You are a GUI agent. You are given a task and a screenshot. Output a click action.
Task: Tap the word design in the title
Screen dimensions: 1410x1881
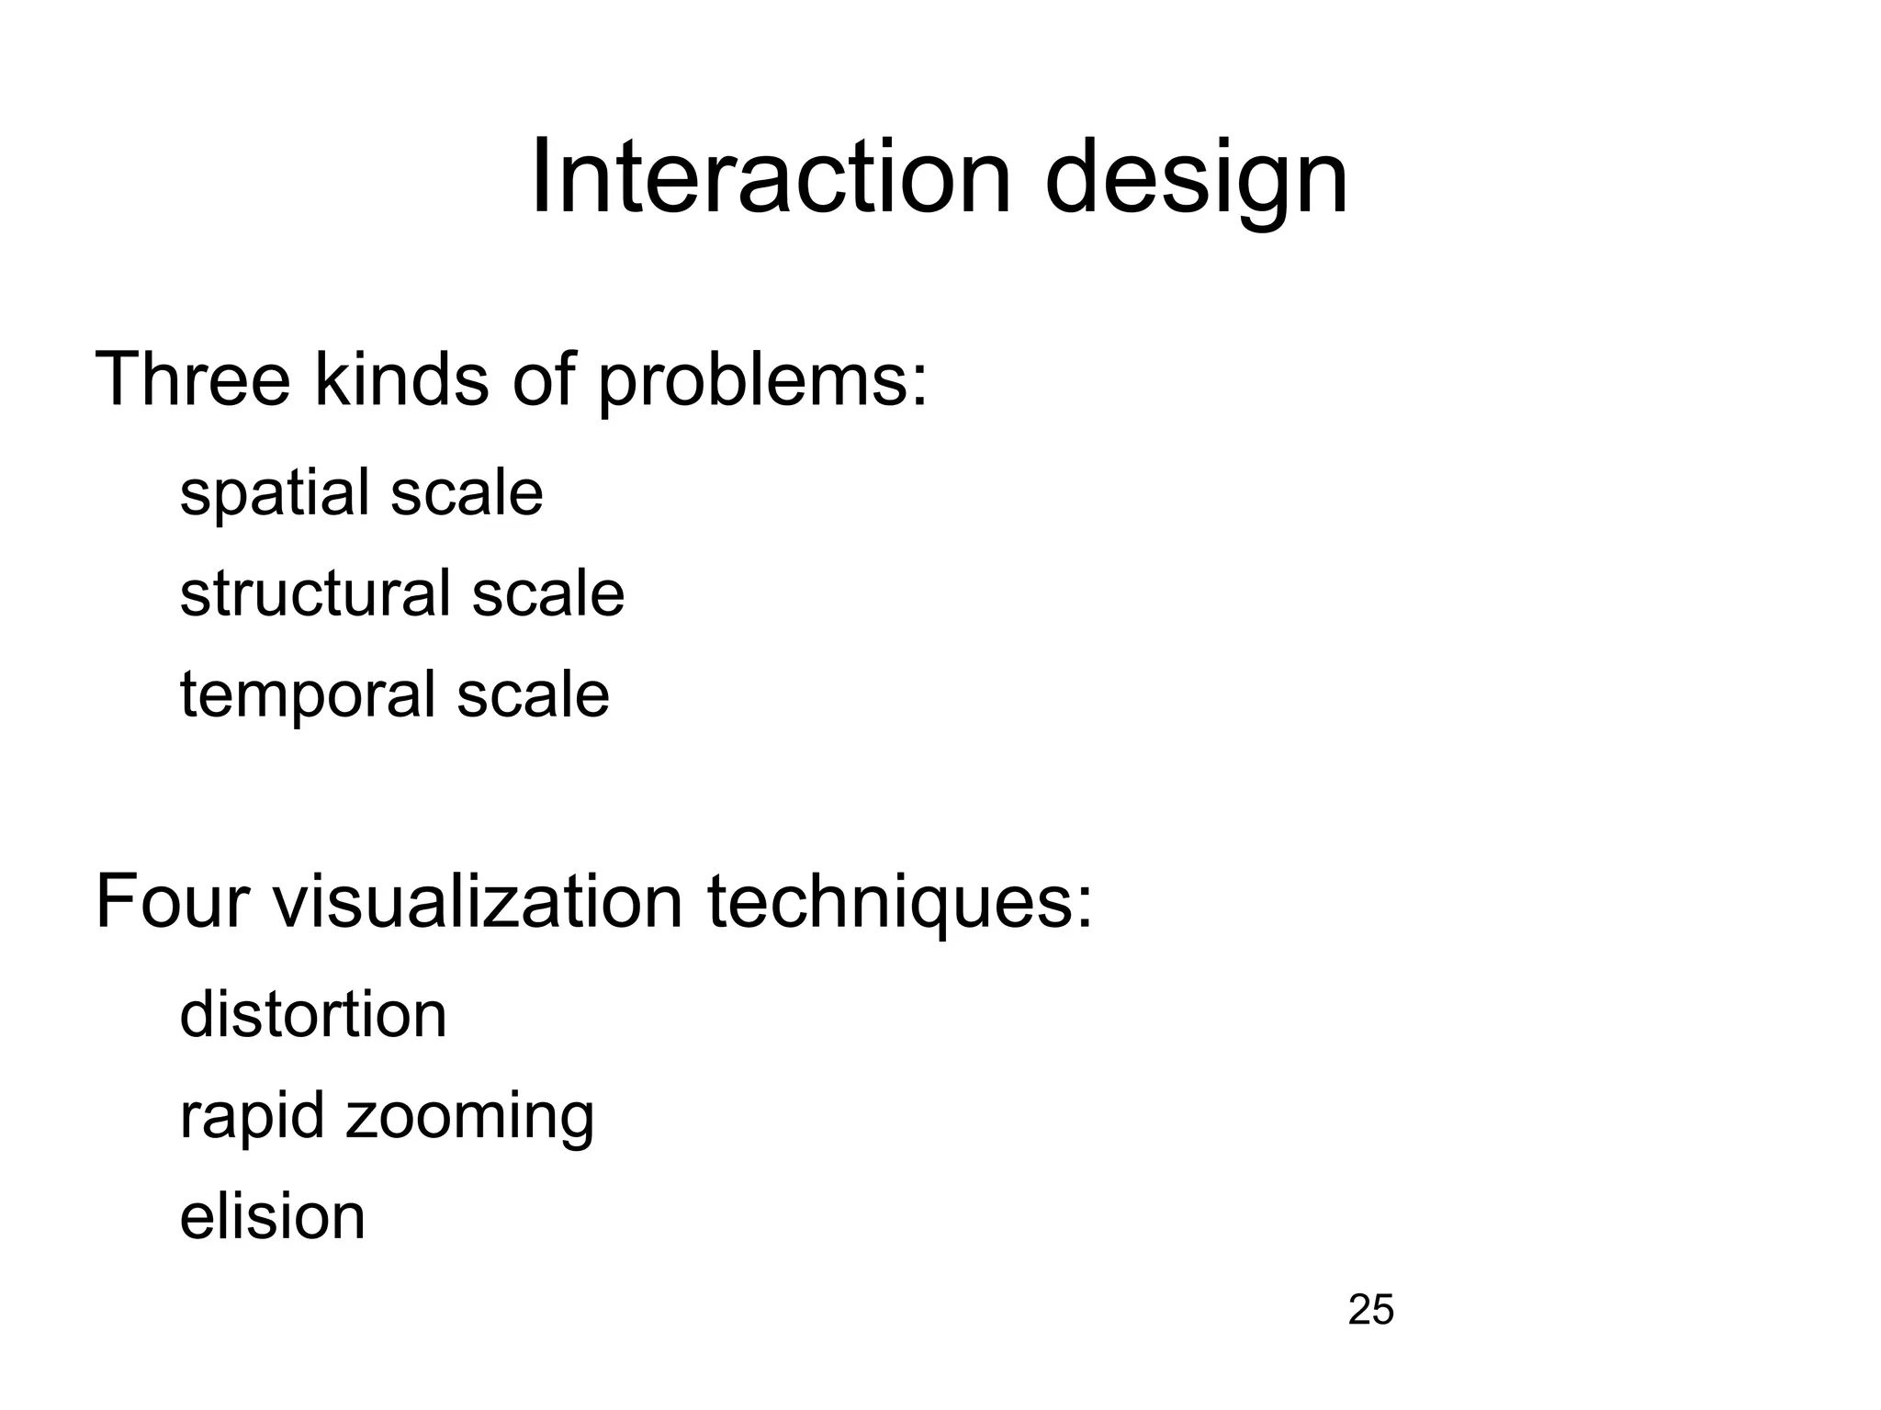click(x=1196, y=182)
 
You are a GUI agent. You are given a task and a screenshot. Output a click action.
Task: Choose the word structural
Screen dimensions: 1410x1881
click(x=314, y=593)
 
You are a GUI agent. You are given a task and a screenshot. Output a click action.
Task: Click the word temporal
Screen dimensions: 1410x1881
click(x=307, y=696)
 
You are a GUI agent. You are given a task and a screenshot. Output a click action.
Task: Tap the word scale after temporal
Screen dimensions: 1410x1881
click(x=533, y=694)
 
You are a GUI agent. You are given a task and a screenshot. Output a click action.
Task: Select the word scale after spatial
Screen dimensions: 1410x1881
click(x=467, y=494)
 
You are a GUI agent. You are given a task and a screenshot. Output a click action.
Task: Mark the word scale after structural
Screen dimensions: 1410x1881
click(x=548, y=593)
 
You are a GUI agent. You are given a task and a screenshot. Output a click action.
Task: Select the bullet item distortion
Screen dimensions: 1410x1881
click(x=313, y=1015)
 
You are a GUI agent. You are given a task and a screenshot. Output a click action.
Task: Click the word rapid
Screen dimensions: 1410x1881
click(x=252, y=1117)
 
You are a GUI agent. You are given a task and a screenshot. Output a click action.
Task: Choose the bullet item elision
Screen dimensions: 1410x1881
click(x=273, y=1216)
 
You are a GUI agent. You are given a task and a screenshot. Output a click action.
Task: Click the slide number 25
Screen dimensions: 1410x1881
click(x=1370, y=1309)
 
